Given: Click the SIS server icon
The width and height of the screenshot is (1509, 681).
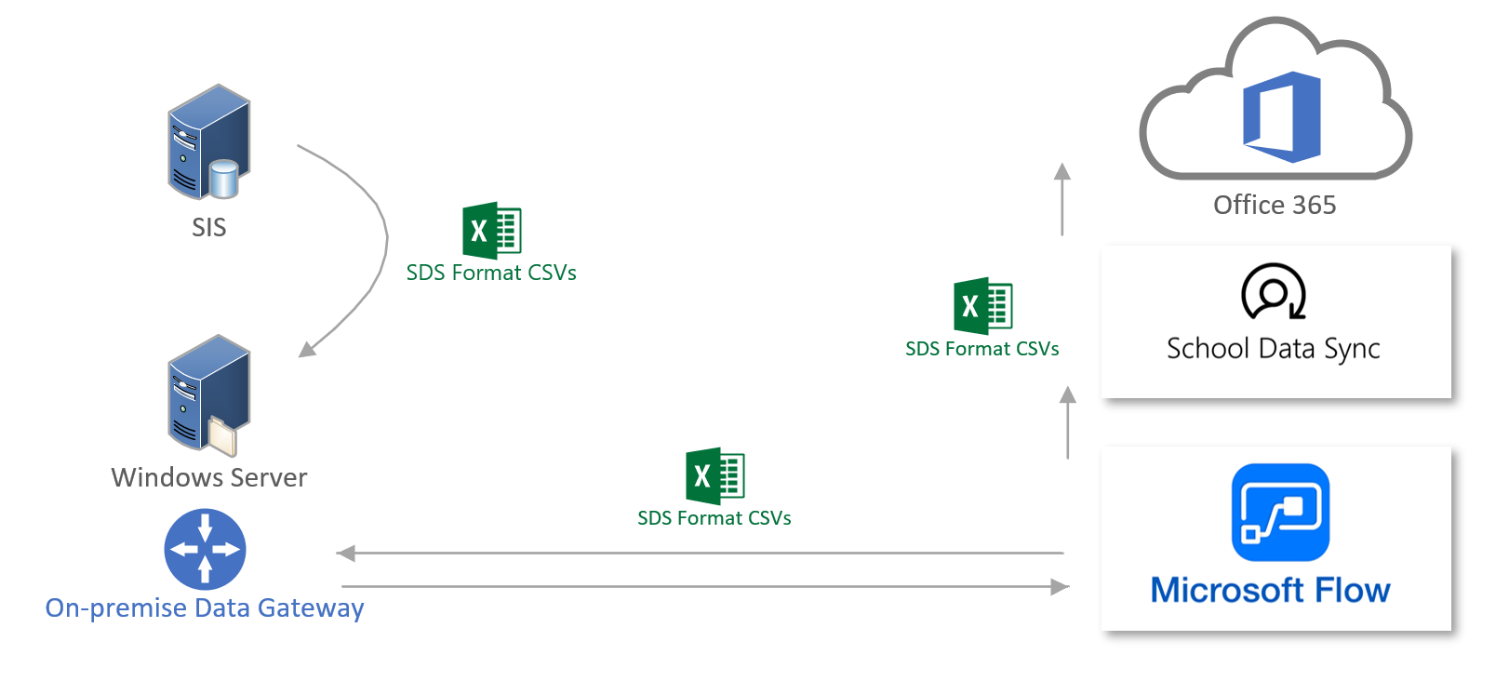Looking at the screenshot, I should tap(208, 142).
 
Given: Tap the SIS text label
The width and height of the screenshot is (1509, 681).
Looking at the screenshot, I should tap(209, 228).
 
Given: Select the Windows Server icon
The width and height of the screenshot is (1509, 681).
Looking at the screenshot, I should tap(208, 394).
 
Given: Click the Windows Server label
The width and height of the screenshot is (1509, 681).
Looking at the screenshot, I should tap(209, 477).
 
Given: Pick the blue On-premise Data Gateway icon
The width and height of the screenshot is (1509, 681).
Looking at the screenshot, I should tap(205, 549).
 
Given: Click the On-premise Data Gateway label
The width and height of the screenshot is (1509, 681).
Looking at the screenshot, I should tap(205, 608).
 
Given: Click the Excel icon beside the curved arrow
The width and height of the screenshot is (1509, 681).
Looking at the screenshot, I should tap(491, 230).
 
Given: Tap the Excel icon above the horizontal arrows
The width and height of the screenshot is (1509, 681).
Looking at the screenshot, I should tap(714, 476).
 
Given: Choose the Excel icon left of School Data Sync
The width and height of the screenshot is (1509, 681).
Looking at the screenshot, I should tap(982, 306).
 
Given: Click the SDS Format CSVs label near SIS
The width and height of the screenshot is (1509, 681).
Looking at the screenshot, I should tap(491, 273).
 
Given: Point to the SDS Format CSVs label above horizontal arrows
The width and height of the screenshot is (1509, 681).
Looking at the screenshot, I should tap(714, 518).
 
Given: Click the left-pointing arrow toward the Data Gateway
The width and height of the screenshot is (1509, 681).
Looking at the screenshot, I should tap(698, 554).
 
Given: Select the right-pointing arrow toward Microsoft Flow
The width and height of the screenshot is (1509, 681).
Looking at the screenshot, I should tap(707, 587).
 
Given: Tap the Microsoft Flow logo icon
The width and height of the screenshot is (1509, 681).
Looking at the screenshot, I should tap(1280, 513).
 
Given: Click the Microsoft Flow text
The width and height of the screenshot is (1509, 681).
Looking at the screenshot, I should tap(1271, 591).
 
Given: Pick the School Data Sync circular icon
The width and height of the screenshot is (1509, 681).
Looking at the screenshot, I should tap(1273, 291).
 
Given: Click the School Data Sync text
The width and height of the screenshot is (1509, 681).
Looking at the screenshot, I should tap(1273, 349).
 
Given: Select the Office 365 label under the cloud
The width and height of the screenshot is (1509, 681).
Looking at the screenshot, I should tap(1275, 205).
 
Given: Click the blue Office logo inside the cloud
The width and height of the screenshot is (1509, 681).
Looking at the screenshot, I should tap(1281, 116).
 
